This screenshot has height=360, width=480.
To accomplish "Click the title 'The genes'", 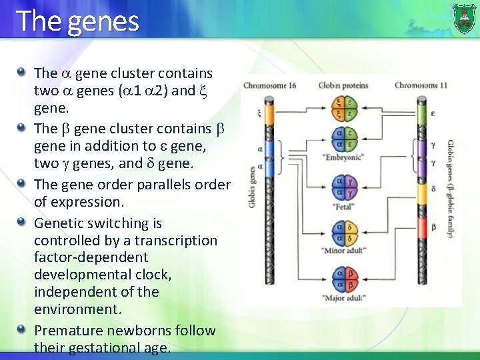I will click(77, 21).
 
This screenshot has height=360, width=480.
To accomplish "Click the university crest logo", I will click(464, 18).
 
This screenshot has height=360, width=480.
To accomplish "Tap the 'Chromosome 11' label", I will click(421, 85).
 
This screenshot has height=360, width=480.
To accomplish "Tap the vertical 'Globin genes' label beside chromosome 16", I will click(251, 185).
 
